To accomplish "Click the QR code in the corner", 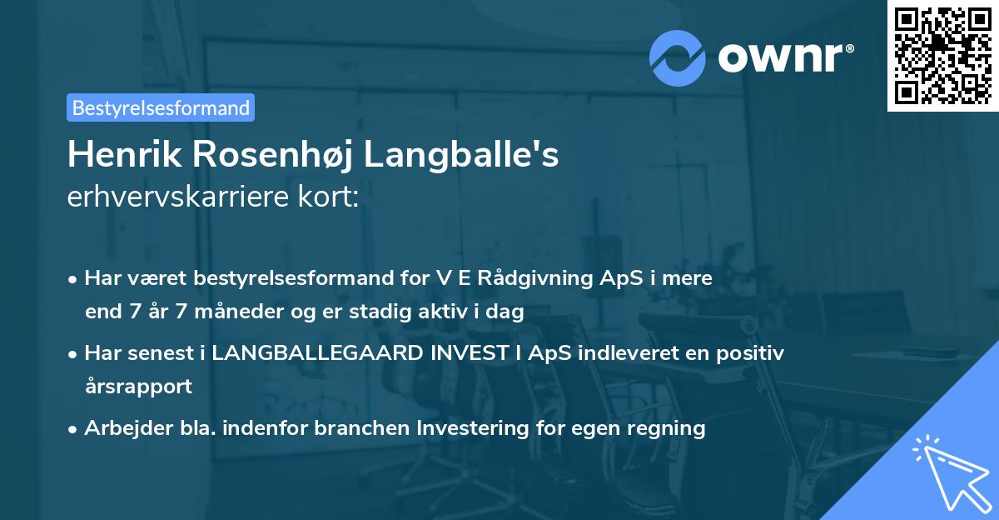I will [x=942, y=55].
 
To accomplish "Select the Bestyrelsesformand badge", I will [x=161, y=107].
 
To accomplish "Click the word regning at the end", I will [x=670, y=428].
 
